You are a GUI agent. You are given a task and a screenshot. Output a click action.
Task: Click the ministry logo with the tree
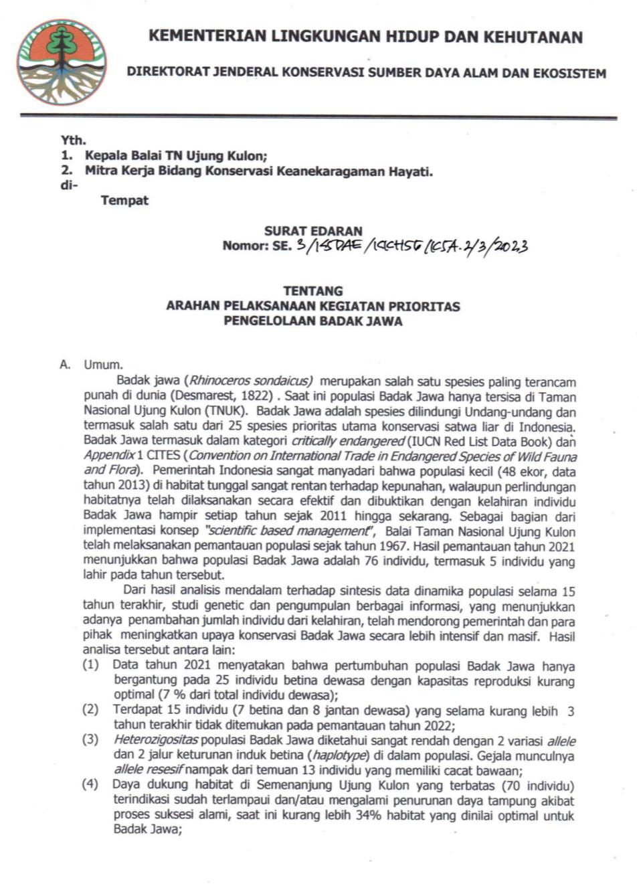click(62, 62)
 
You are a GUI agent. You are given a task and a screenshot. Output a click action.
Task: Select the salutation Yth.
click(73, 140)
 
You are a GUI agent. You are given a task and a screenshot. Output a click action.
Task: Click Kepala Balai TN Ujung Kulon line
click(175, 156)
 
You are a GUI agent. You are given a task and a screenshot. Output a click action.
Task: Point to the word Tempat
click(124, 200)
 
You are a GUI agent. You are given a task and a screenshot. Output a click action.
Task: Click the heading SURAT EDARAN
click(313, 231)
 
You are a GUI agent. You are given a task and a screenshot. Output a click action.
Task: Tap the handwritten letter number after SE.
click(411, 246)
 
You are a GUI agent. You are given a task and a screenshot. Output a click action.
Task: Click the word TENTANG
click(313, 291)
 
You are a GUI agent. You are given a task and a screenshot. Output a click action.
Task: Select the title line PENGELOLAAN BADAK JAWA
click(313, 321)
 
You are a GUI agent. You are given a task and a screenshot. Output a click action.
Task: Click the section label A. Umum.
click(92, 365)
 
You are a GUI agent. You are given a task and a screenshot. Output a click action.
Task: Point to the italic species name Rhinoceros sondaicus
click(251, 381)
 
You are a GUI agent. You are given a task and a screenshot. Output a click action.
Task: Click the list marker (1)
click(90, 665)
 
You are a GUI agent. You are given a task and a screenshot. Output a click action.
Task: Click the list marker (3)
click(90, 740)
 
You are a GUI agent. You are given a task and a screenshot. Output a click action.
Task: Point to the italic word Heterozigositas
click(156, 740)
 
